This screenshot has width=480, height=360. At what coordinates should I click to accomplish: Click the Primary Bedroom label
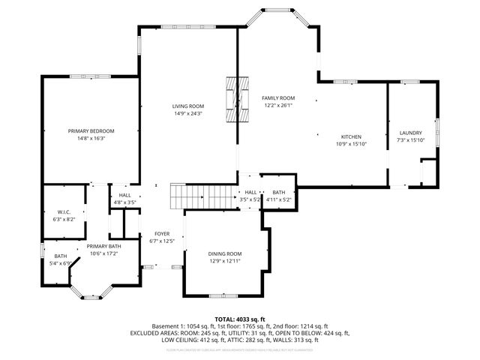click(x=91, y=130)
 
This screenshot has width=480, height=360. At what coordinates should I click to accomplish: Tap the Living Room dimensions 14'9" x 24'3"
click(x=188, y=113)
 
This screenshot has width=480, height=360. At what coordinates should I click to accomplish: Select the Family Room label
click(x=277, y=98)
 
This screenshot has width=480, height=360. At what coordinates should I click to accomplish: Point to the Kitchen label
click(x=349, y=136)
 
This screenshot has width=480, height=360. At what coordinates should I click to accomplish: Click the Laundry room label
click(x=410, y=133)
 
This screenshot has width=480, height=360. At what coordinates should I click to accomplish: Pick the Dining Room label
click(x=225, y=253)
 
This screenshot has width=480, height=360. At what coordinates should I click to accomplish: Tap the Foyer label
click(x=162, y=234)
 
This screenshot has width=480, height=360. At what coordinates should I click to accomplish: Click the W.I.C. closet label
click(x=63, y=211)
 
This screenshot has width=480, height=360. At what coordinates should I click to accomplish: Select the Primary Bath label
click(x=103, y=246)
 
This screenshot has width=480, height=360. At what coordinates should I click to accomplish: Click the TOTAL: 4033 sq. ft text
click(x=239, y=319)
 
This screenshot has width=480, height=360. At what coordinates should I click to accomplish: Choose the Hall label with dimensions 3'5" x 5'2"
click(x=250, y=192)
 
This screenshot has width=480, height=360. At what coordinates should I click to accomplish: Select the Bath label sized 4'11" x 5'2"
click(x=279, y=192)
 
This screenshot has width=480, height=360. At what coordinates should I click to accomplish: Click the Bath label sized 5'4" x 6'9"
click(x=55, y=256)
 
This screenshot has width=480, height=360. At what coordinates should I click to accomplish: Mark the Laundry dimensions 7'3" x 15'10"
click(x=410, y=140)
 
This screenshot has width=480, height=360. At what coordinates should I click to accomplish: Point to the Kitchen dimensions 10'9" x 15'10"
click(x=349, y=144)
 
